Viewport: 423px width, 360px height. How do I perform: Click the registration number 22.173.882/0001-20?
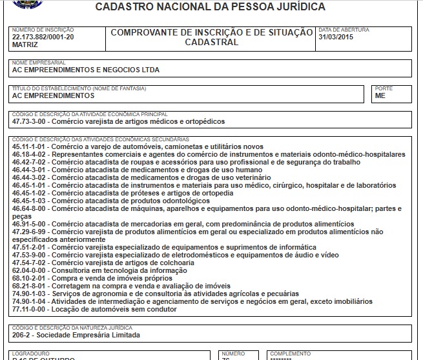pyautogui.click(x=43, y=37)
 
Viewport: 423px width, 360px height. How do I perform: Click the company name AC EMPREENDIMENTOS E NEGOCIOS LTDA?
pyautogui.click(x=85, y=70)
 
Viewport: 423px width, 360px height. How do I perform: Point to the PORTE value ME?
pyautogui.click(x=380, y=95)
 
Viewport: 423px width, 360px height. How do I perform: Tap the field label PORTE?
pyautogui.click(x=383, y=88)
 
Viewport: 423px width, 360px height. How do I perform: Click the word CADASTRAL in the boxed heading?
pyautogui.click(x=211, y=42)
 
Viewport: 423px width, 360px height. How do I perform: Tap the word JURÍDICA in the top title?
pyautogui.click(x=293, y=7)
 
